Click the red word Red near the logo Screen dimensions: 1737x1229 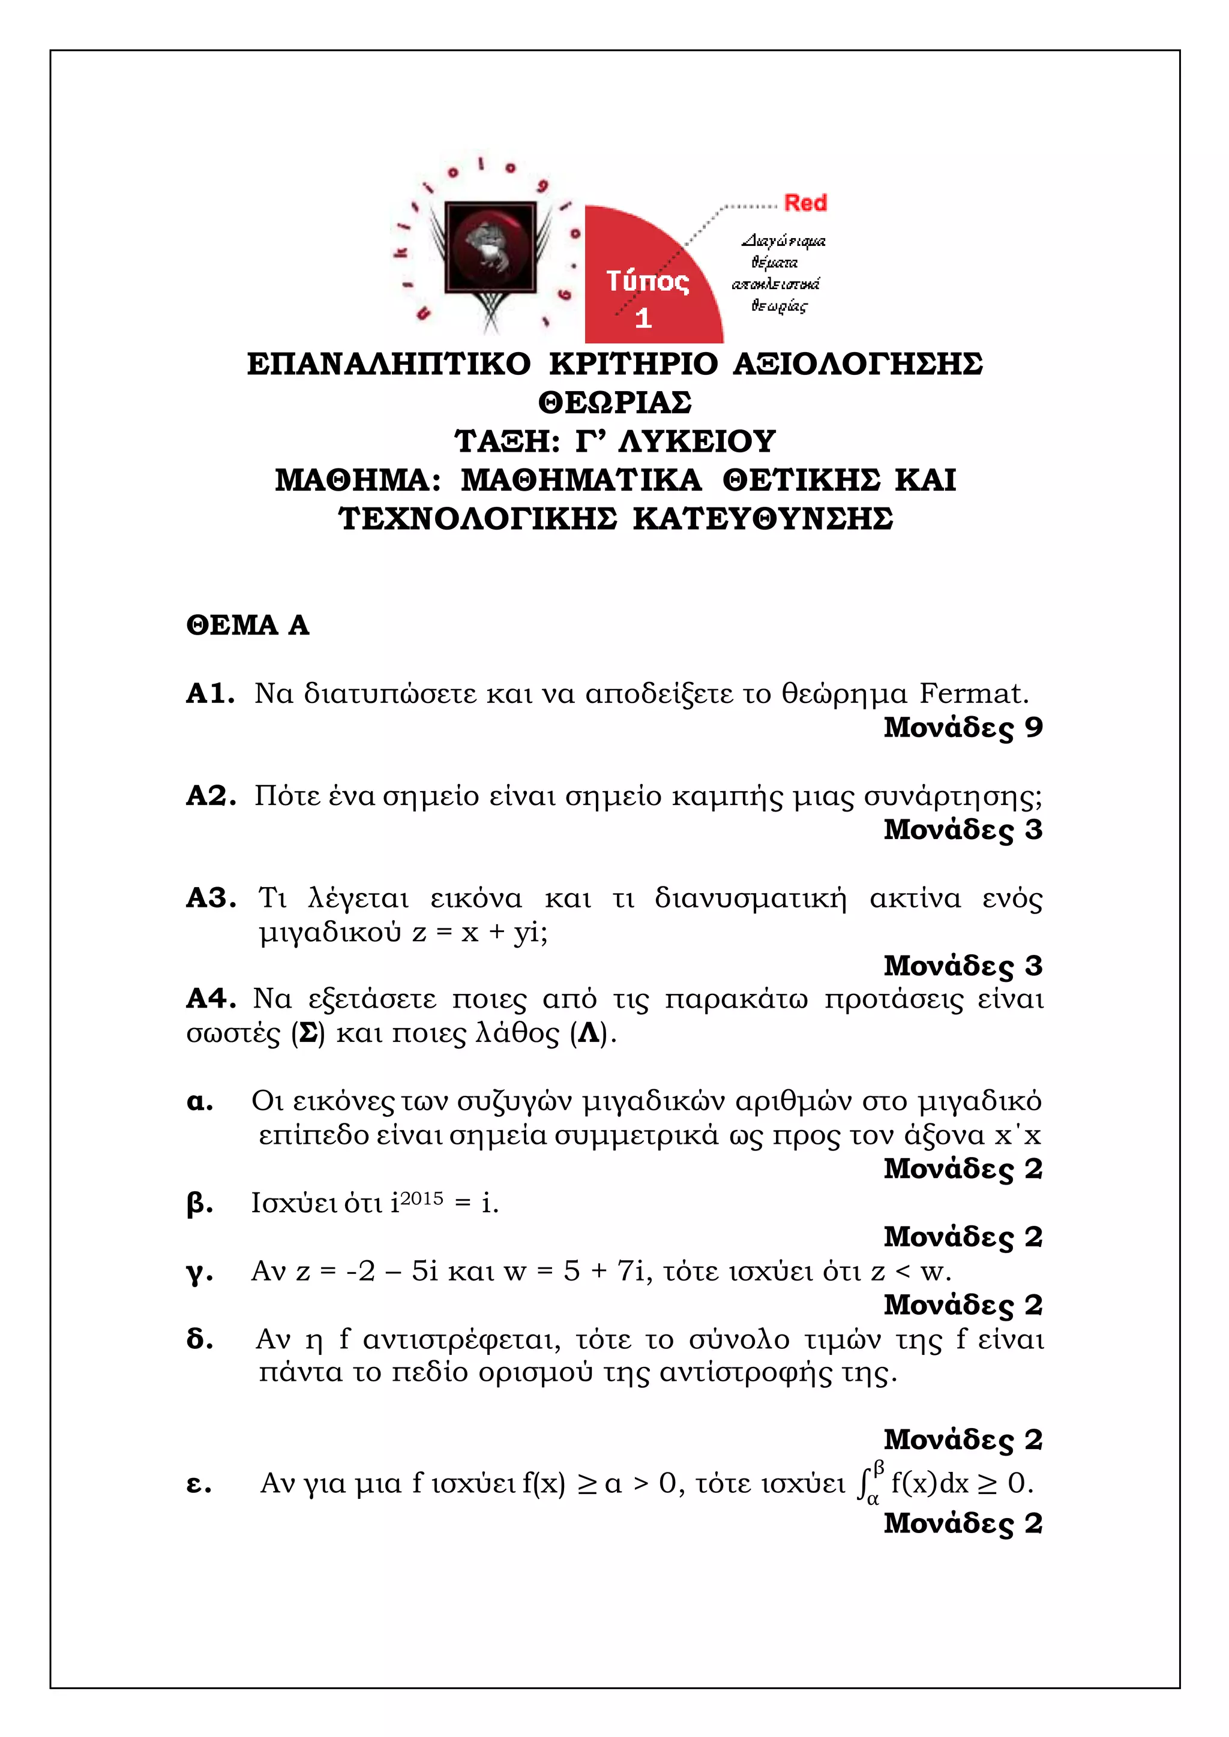[x=805, y=203]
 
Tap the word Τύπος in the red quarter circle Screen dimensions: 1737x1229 [x=647, y=281]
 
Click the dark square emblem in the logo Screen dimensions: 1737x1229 [x=490, y=247]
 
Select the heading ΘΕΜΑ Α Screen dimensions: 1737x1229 [x=247, y=626]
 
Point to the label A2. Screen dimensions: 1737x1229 [x=211, y=796]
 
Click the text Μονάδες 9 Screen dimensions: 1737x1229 [x=963, y=728]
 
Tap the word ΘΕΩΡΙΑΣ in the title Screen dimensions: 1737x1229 [x=614, y=402]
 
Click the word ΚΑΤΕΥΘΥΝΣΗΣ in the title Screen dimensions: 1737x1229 [x=763, y=519]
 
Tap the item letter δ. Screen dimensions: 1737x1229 [x=199, y=1339]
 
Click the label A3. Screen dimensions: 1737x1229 [x=211, y=898]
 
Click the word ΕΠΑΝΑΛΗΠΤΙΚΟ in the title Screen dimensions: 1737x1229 [x=389, y=364]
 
